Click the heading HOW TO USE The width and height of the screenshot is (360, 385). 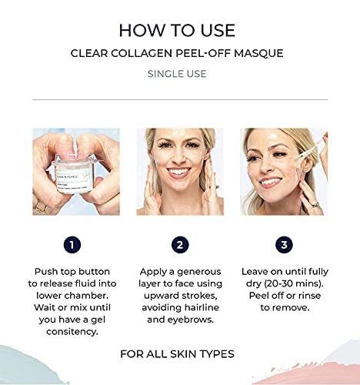(x=179, y=30)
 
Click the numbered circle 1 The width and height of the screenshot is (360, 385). (x=72, y=245)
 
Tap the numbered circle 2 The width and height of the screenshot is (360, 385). (x=180, y=245)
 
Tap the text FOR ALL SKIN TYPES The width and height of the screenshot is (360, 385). (x=178, y=354)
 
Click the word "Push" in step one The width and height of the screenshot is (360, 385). (x=48, y=272)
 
